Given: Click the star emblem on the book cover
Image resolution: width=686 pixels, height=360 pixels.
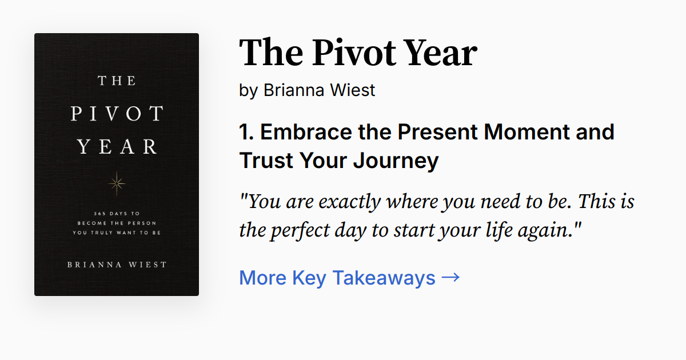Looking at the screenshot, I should coord(117,183).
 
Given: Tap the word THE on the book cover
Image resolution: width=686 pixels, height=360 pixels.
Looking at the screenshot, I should coord(117,80).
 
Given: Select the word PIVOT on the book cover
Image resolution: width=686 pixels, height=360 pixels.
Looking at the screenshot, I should coord(117,114).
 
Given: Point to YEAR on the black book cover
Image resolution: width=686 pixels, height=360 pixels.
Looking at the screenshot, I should coord(117,147).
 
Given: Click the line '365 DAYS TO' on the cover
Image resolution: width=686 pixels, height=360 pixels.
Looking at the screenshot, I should coord(117,213).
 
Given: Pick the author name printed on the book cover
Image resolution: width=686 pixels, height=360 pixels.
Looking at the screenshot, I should coord(117,265).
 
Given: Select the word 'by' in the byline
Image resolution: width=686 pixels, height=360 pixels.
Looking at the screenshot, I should coord(249,90).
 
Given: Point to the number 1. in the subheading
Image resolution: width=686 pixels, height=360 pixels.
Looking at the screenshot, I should coord(246,132).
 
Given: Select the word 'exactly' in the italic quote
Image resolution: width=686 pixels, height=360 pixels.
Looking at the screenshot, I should coord(350,202).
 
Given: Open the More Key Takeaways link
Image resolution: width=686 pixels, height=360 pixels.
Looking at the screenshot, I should coord(337,278).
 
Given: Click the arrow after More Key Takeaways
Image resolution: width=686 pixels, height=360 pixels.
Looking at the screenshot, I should coord(450,278).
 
